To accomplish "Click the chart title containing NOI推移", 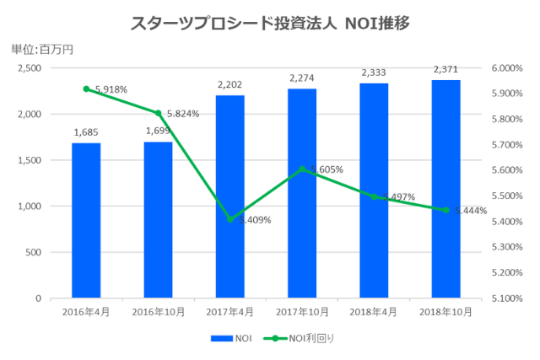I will (x=270, y=24).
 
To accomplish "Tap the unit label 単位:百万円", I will (x=42, y=49).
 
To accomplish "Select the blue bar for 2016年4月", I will (x=86, y=220).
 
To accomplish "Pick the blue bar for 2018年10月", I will (x=446, y=189).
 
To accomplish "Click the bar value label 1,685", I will (x=86, y=132).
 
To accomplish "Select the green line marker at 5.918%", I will (x=86, y=89).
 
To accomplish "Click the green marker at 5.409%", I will (x=230, y=219).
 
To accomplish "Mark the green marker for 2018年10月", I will (x=446, y=210).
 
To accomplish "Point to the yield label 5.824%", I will (x=182, y=114).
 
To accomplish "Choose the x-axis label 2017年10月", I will (x=302, y=313).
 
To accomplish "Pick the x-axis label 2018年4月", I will (x=374, y=313).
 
